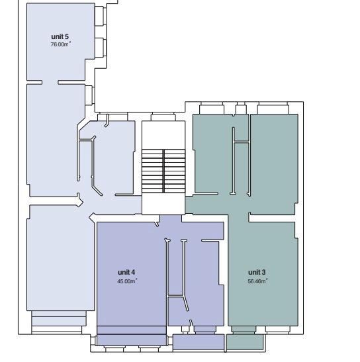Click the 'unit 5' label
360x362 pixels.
(x=60, y=36)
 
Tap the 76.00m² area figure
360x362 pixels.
(x=60, y=44)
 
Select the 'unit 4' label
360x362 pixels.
(x=126, y=272)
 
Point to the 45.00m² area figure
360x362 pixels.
(x=127, y=281)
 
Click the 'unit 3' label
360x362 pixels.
(x=257, y=272)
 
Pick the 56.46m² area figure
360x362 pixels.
(x=257, y=281)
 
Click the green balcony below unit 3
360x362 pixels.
(x=245, y=341)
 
